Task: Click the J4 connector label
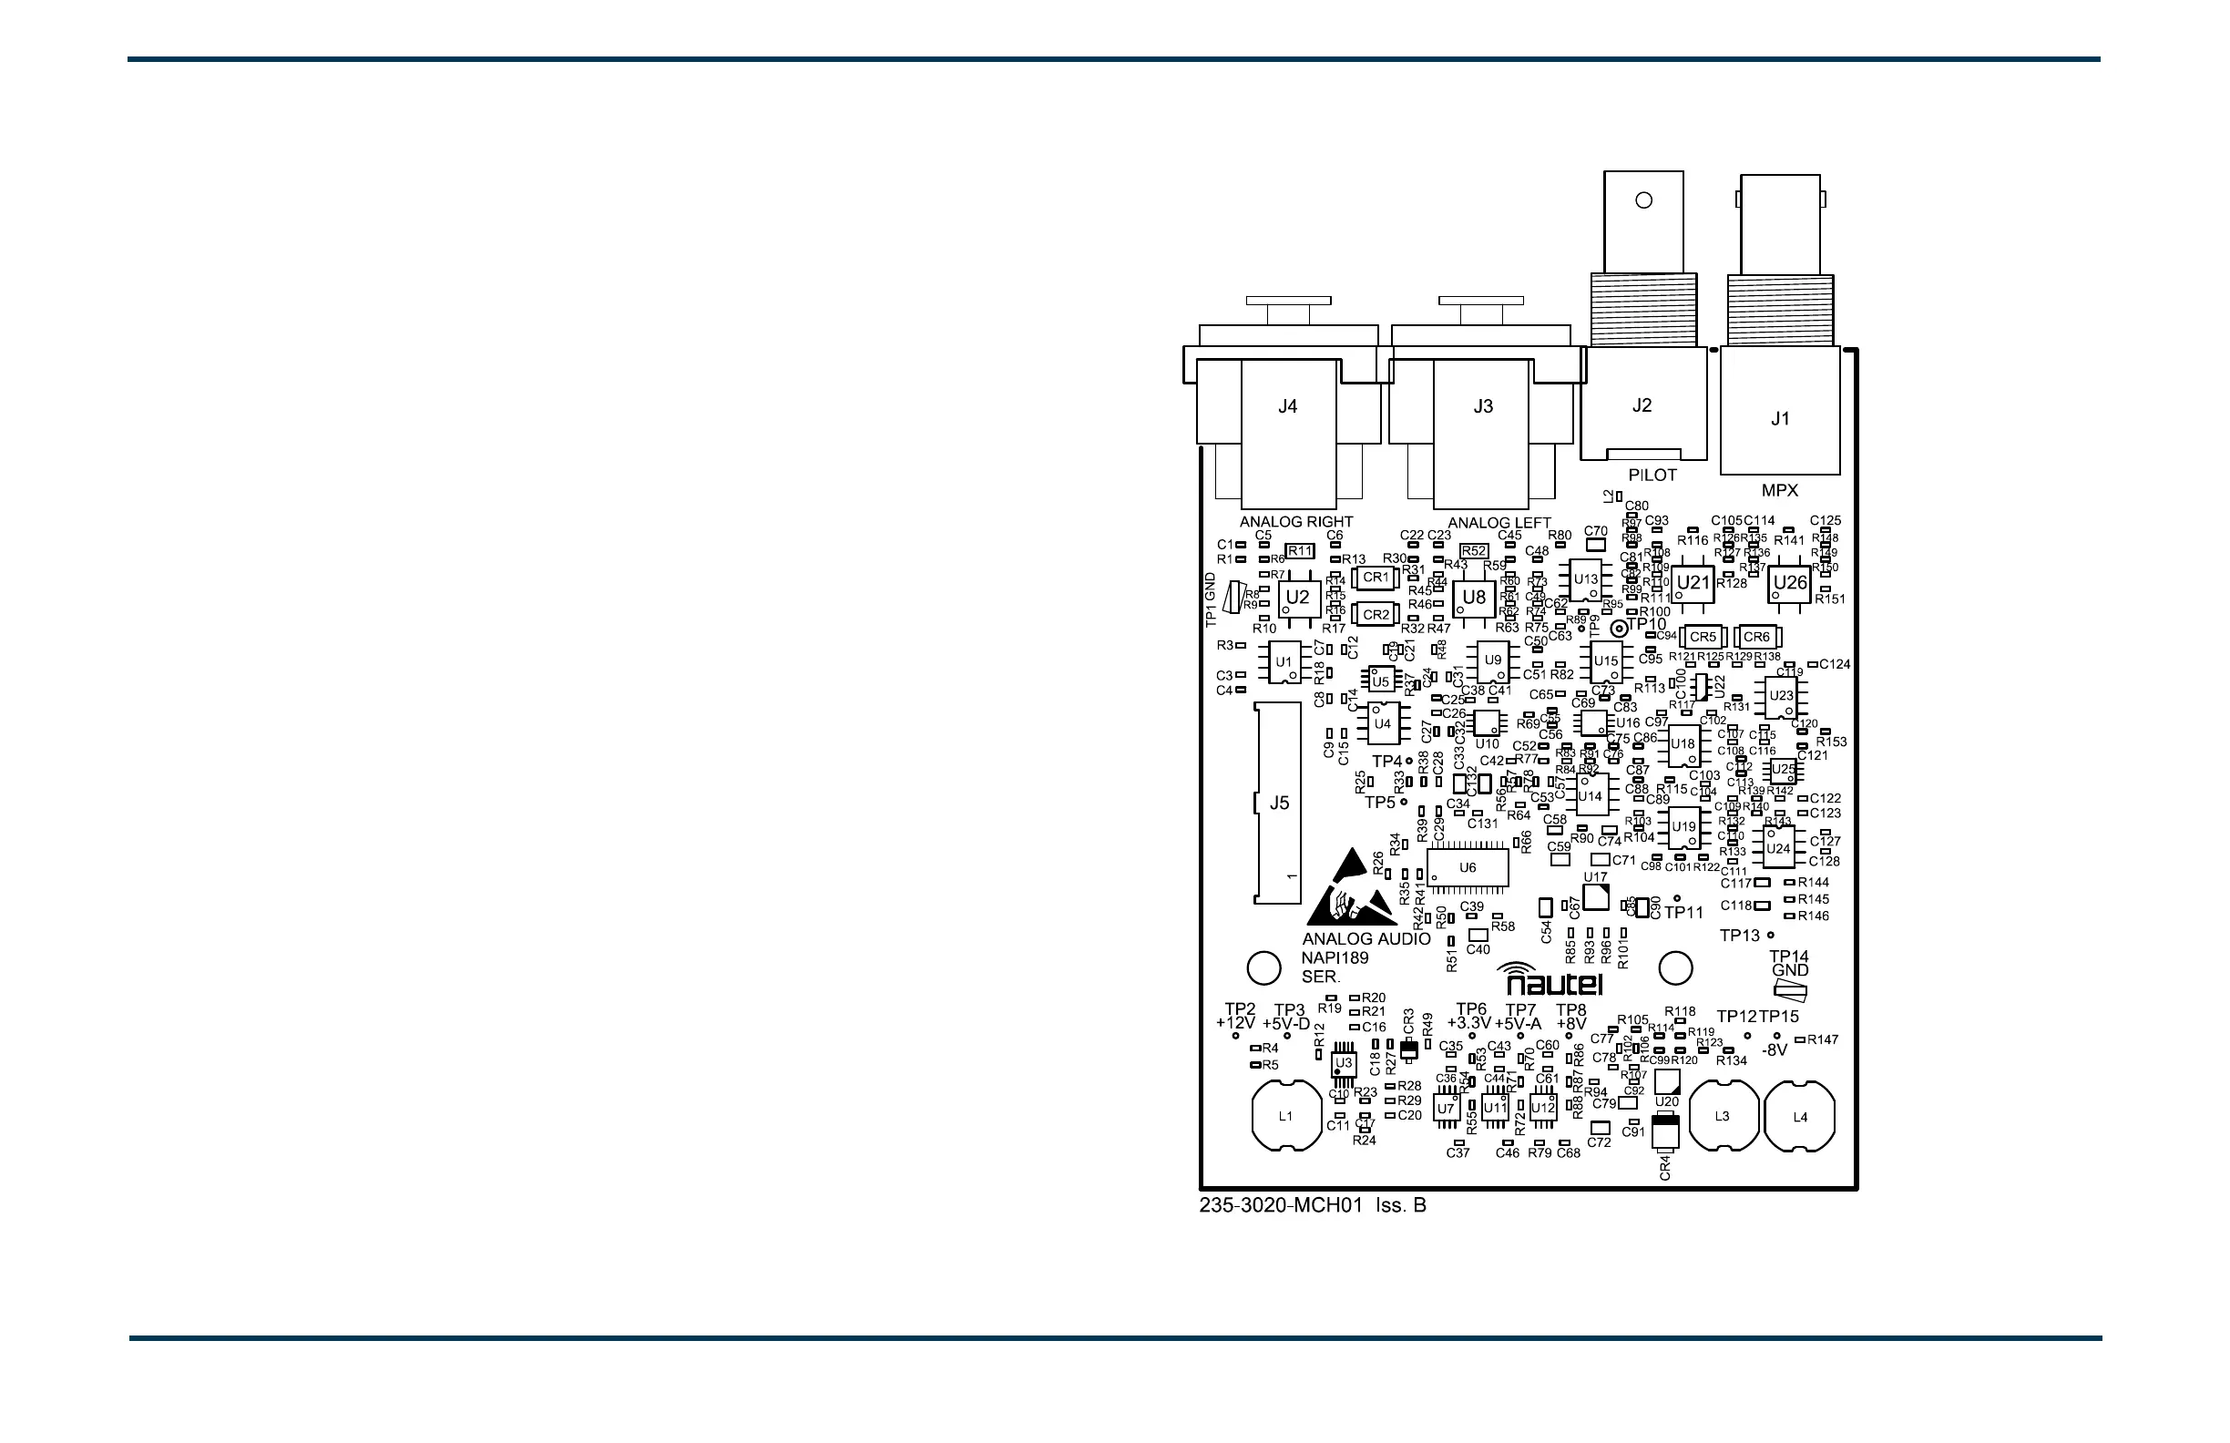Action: [x=1287, y=406]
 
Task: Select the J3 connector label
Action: [x=1482, y=406]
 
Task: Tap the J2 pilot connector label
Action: [x=1642, y=405]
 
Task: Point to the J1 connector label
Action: [x=1780, y=419]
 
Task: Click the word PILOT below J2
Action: [x=1652, y=475]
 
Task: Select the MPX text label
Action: [x=1779, y=490]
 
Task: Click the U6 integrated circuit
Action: [x=1468, y=867]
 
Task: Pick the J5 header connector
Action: [x=1278, y=803]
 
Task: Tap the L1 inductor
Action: [x=1285, y=1116]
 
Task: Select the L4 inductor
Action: [x=1800, y=1117]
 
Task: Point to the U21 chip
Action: [x=1693, y=583]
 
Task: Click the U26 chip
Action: [x=1790, y=583]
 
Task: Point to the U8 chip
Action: [x=1474, y=597]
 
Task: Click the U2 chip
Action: [x=1298, y=598]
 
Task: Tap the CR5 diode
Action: [x=1703, y=637]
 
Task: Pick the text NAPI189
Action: [x=1335, y=957]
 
